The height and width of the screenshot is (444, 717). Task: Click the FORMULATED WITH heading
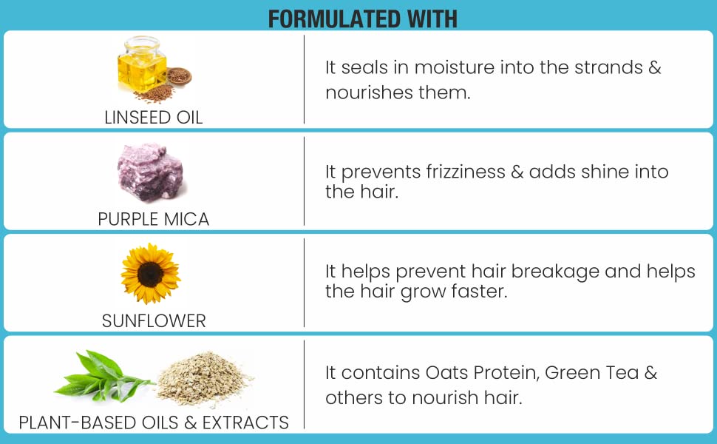[x=363, y=18]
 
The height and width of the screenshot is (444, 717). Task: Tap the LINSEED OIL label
[x=154, y=118]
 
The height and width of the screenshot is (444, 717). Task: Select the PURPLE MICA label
[x=154, y=219]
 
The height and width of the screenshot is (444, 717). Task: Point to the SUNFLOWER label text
[x=154, y=321]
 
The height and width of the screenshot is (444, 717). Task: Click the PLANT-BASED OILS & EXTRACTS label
[x=154, y=423]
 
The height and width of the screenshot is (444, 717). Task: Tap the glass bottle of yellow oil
[x=141, y=64]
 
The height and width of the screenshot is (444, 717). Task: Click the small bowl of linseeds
[x=179, y=75]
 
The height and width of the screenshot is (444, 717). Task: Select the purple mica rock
[x=151, y=172]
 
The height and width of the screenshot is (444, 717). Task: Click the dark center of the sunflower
[x=150, y=275]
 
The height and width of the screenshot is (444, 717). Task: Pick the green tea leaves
[x=101, y=376]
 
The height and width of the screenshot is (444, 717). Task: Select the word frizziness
[x=466, y=172]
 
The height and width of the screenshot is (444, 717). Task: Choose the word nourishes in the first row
[x=363, y=93]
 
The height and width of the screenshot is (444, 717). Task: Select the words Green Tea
[x=591, y=373]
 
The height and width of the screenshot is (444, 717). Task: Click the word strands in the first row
[x=608, y=68]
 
